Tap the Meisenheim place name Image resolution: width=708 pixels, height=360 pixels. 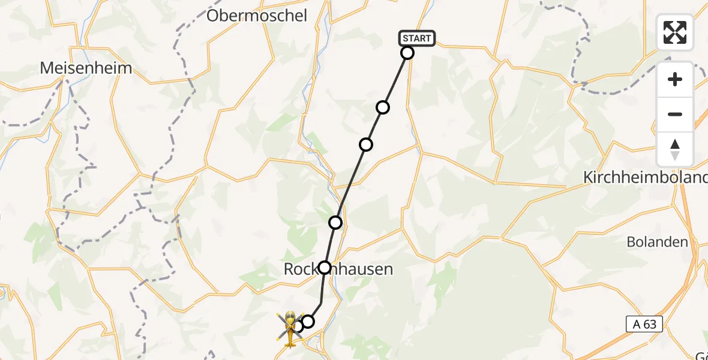(86, 68)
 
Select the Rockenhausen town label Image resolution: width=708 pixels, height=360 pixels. (338, 269)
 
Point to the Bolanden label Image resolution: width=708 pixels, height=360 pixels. (657, 242)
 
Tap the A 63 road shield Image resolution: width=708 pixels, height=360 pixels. (645, 325)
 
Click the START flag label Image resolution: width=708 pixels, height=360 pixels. (416, 38)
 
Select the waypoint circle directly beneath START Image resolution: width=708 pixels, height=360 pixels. (407, 53)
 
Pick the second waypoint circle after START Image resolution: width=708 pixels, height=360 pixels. (383, 107)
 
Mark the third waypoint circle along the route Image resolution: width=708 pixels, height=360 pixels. (366, 145)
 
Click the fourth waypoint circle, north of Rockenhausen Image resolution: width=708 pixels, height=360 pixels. (335, 223)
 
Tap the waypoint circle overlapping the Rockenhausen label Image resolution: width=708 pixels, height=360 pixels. (325, 267)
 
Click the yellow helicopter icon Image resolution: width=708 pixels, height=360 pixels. (290, 329)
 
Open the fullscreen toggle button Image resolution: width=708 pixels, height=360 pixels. (675, 32)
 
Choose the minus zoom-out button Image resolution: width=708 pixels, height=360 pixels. (675, 114)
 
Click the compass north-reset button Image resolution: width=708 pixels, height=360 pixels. (675, 149)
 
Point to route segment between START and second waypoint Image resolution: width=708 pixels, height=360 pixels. (395, 80)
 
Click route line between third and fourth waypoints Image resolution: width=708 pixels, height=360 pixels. (351, 183)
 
